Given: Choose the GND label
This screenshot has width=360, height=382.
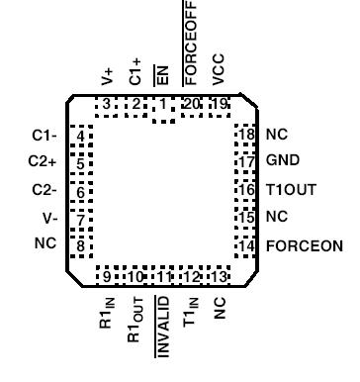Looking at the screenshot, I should (282, 160).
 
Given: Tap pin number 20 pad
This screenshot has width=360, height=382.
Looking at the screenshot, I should (192, 104).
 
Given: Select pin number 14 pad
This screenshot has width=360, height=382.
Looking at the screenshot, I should (246, 244).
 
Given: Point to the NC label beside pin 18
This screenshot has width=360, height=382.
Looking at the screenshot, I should (277, 133).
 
